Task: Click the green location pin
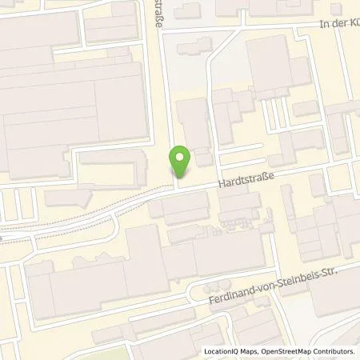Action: click(x=181, y=162)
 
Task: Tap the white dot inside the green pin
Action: click(x=181, y=157)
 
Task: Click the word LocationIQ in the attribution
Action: click(x=225, y=350)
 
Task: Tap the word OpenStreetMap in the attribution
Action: click(x=291, y=350)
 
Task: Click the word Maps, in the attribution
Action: click(x=253, y=350)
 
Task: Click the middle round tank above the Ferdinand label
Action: click(x=211, y=286)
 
